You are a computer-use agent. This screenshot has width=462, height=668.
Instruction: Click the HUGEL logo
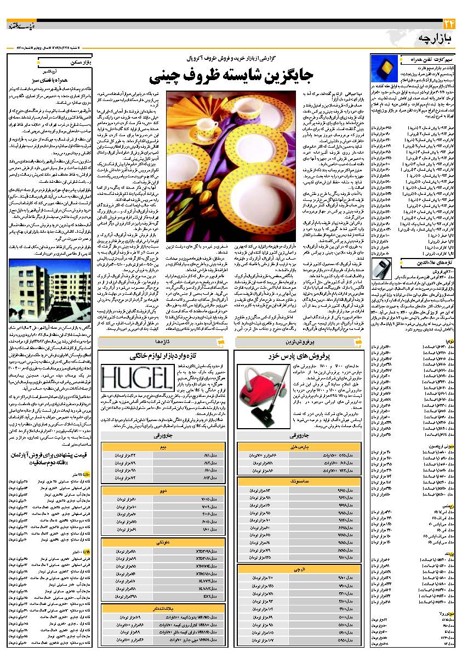[x=129, y=379]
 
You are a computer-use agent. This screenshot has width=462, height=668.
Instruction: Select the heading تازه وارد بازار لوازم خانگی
[x=164, y=356]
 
